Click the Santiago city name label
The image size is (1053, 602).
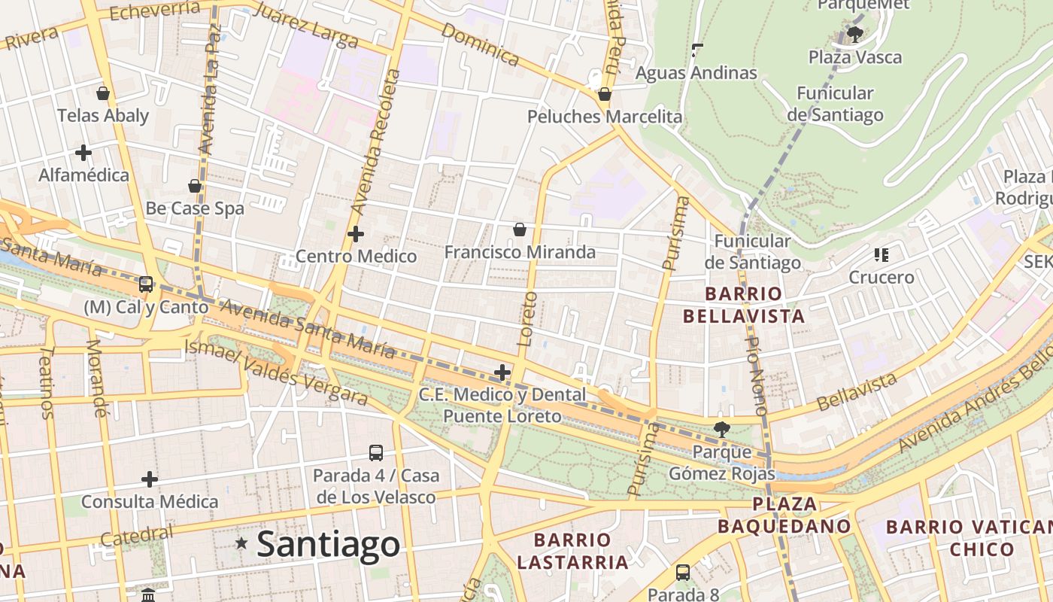click(x=328, y=544)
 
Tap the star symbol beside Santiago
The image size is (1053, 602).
click(x=241, y=543)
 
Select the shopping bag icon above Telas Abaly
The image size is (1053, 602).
click(x=103, y=93)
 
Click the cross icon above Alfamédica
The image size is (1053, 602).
click(x=83, y=153)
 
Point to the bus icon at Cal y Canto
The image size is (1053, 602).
click(x=146, y=284)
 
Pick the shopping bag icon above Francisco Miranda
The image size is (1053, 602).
click(x=519, y=229)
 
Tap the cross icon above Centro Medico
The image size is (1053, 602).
click(x=356, y=234)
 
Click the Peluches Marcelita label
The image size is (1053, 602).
click(x=605, y=117)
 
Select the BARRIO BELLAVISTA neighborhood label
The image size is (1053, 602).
click(x=744, y=305)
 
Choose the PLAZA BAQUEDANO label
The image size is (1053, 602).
click(x=784, y=515)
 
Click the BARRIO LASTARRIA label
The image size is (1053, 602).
click(x=572, y=551)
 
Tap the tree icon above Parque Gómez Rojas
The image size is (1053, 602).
click(x=721, y=430)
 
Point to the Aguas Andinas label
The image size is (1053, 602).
click(x=696, y=73)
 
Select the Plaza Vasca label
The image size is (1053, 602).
click(x=854, y=57)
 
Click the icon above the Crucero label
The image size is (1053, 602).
click(x=882, y=255)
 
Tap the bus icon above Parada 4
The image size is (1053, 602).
click(x=376, y=453)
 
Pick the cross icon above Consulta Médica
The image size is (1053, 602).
click(x=150, y=479)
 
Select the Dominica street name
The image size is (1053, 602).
click(x=480, y=44)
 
